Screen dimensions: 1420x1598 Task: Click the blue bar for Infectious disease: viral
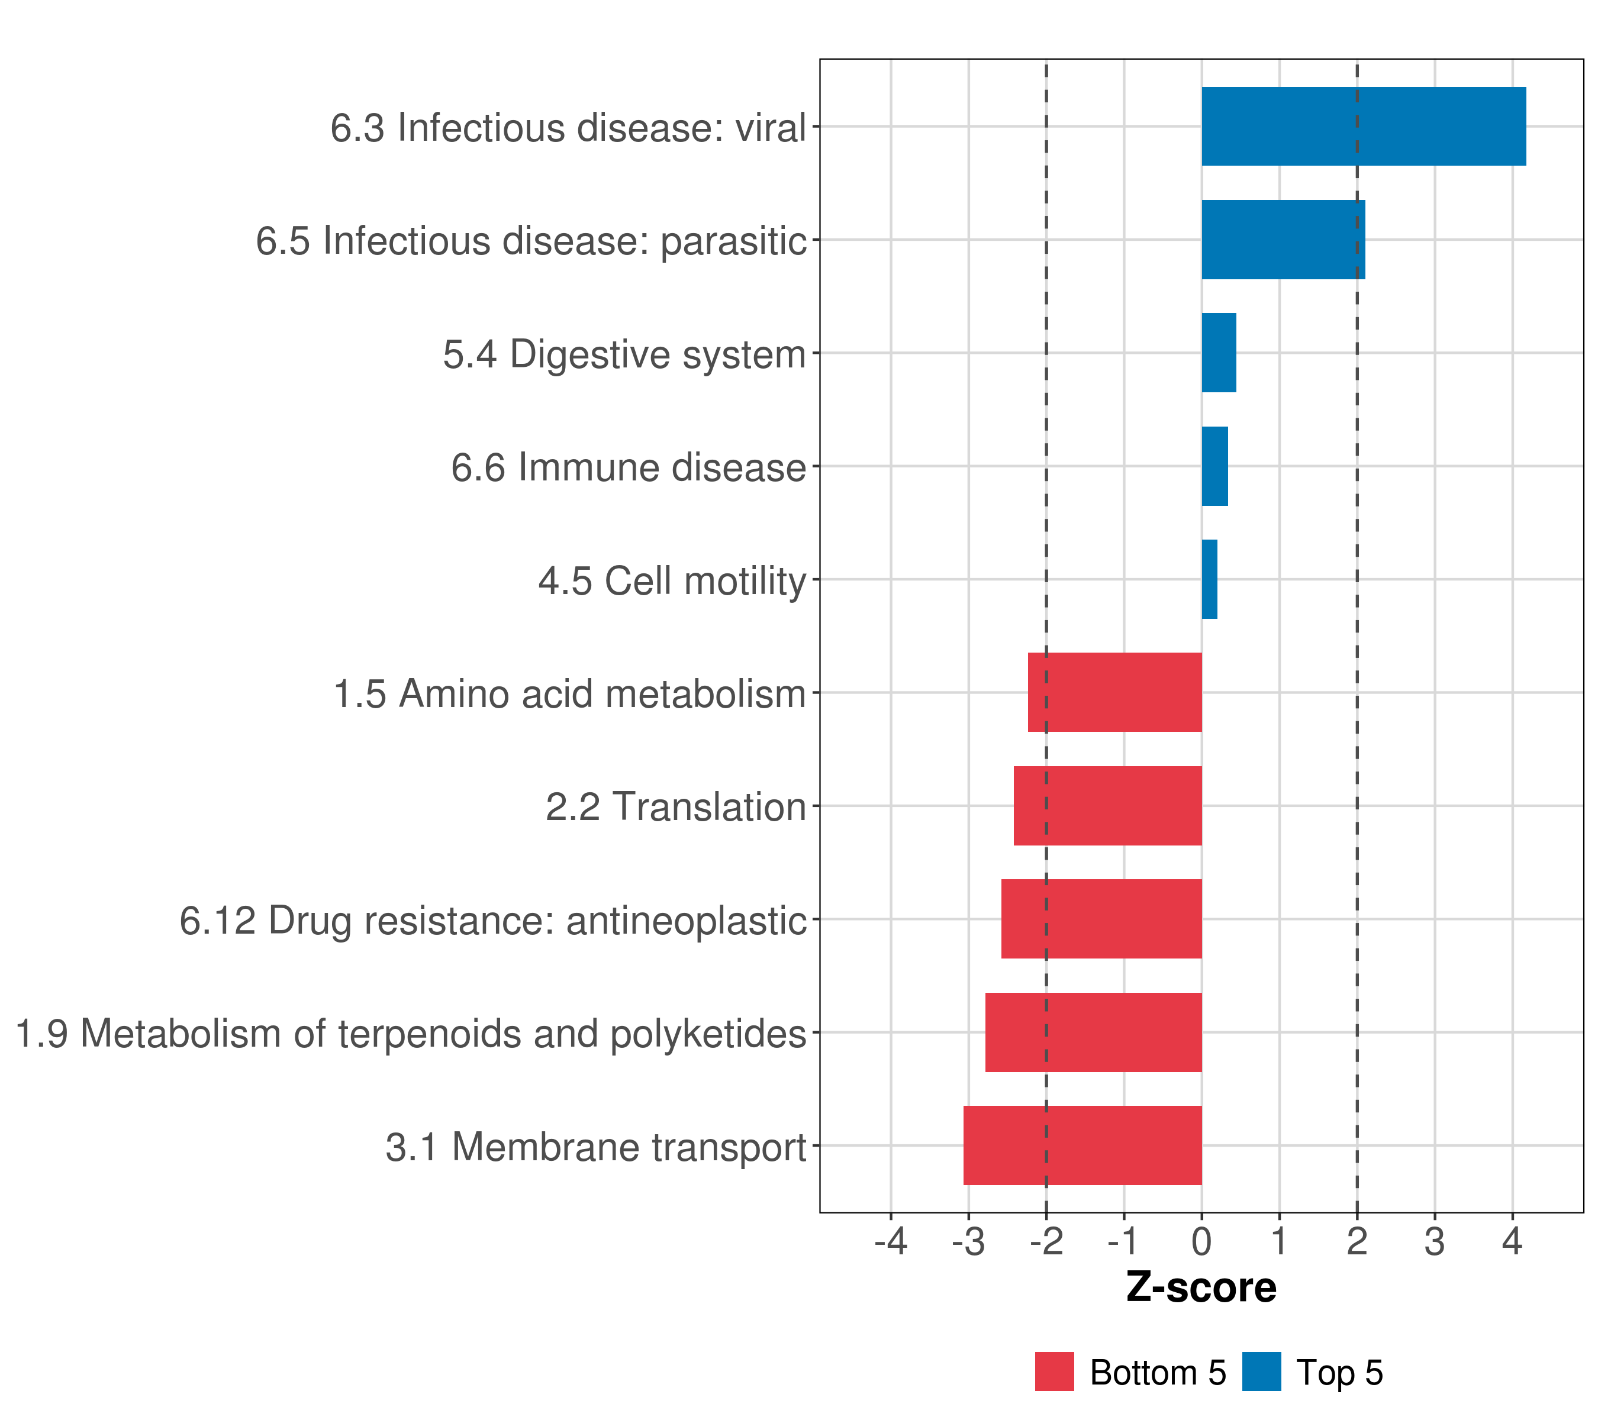click(x=1364, y=126)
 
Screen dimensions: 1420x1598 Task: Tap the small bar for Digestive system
click(x=1219, y=353)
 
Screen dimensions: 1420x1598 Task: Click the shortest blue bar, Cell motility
click(x=1209, y=579)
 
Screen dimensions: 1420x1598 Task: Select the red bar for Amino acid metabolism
click(x=1115, y=692)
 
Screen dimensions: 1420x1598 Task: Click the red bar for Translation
click(x=1108, y=806)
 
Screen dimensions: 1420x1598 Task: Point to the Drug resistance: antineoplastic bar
click(x=1101, y=919)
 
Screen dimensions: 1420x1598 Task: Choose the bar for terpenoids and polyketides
click(x=1094, y=1032)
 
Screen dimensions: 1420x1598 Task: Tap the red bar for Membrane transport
click(x=1083, y=1145)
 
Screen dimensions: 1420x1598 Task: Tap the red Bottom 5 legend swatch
click(x=1055, y=1372)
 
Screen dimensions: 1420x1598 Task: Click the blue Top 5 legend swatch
click(x=1262, y=1372)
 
